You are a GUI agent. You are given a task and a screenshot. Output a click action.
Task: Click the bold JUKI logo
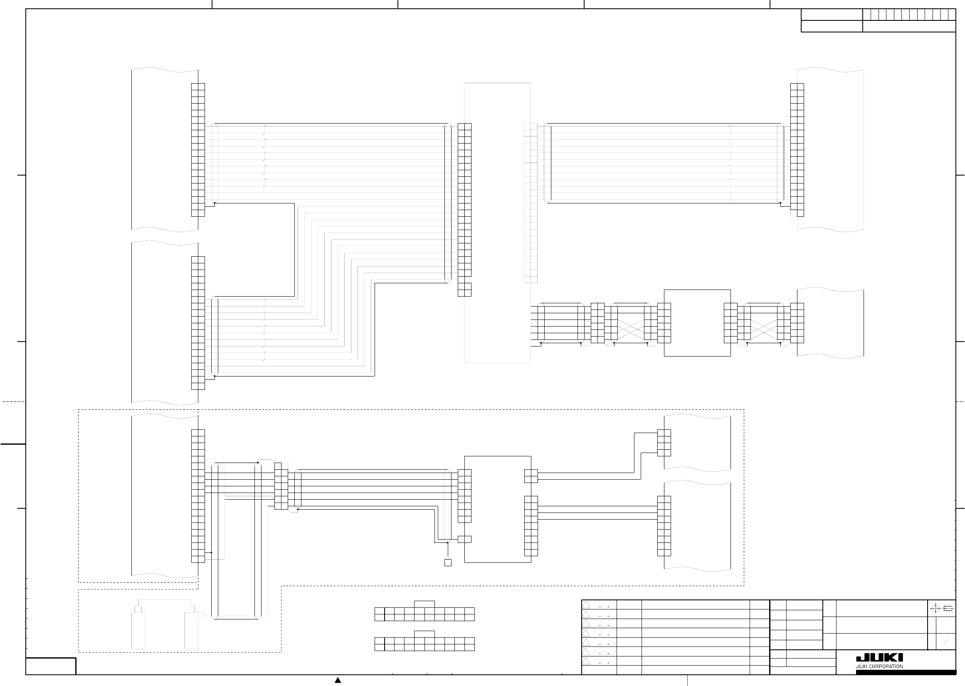[x=879, y=658]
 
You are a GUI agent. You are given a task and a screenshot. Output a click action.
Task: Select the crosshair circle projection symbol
[x=935, y=609]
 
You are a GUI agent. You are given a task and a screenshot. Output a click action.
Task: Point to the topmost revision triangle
[x=586, y=605]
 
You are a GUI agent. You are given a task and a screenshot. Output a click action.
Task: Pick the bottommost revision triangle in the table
[x=586, y=661]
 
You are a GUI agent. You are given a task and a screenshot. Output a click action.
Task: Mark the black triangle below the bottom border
[x=338, y=681]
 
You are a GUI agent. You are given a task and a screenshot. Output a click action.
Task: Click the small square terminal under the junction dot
[x=448, y=563]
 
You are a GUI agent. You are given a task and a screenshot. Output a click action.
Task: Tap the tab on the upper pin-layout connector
[x=424, y=604]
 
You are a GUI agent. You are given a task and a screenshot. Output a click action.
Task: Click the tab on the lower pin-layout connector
[x=424, y=634]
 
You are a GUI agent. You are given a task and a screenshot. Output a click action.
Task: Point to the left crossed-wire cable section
[x=631, y=323]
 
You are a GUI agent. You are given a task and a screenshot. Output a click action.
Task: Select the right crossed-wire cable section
[x=764, y=323]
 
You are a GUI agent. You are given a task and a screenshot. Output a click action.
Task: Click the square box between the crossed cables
[x=697, y=323]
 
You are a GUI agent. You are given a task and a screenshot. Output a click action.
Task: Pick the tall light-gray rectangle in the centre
[x=497, y=223]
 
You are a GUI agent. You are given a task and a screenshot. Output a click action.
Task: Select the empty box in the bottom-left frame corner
[x=51, y=666]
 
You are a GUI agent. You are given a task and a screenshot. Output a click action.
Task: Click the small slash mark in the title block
[x=946, y=642]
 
